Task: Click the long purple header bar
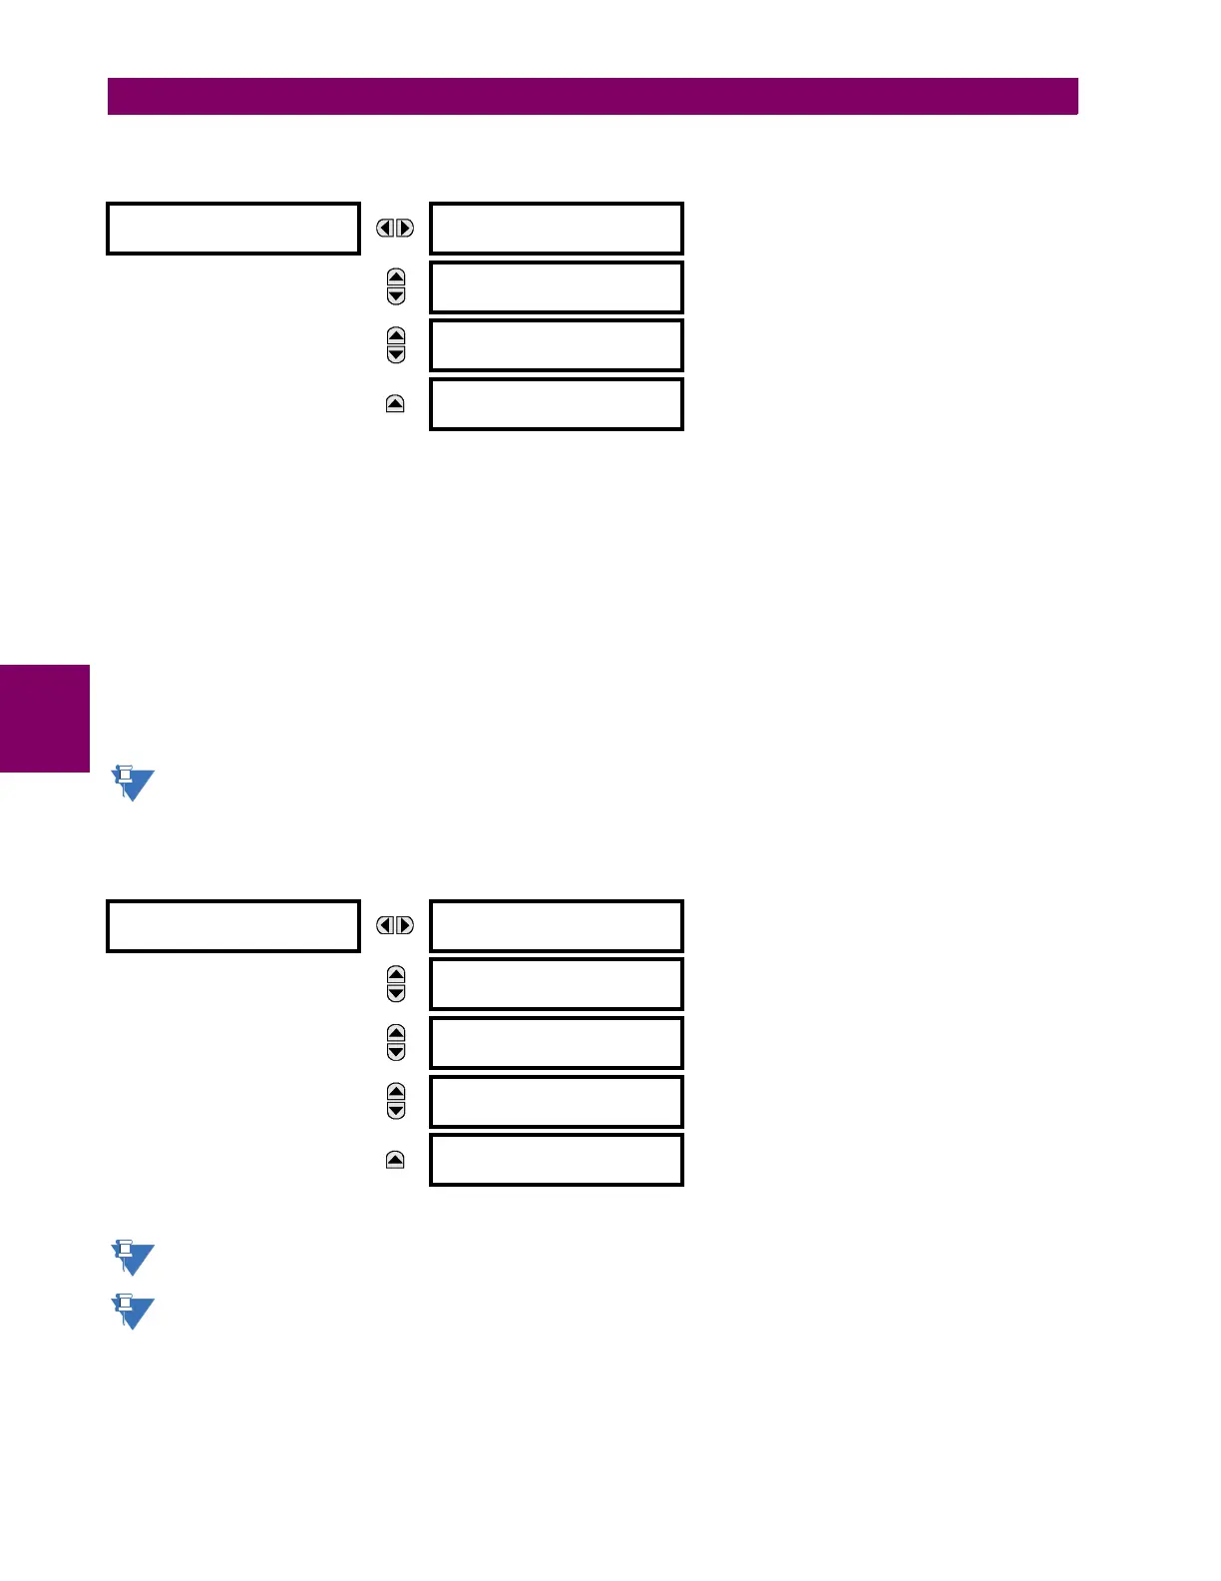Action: (x=593, y=97)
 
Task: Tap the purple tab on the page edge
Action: (x=45, y=718)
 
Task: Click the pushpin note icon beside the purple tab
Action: (x=132, y=784)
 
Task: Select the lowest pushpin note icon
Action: (x=132, y=1312)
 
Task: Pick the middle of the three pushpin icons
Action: (x=132, y=1258)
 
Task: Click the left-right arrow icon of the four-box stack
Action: (x=395, y=229)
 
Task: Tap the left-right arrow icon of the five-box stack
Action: (x=395, y=925)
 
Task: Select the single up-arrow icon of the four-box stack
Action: (x=395, y=404)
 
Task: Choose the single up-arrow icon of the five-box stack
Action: (x=395, y=1160)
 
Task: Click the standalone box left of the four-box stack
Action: (x=232, y=229)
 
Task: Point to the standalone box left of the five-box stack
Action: (x=232, y=925)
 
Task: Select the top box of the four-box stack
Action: (x=556, y=229)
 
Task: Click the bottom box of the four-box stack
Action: (x=556, y=404)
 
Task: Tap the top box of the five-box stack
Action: (x=556, y=925)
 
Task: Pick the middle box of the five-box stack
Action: (x=556, y=1043)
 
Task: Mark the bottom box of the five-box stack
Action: (x=556, y=1160)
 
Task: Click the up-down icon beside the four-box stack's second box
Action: (x=396, y=286)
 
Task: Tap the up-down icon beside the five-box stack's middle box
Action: (x=396, y=1043)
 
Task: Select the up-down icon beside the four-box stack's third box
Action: (x=396, y=345)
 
